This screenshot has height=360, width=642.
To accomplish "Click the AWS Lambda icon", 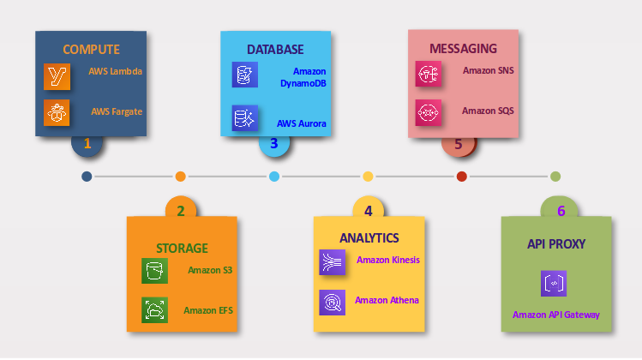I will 57,76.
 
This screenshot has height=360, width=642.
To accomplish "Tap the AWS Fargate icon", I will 57,112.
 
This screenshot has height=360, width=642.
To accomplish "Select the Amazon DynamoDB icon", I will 244,75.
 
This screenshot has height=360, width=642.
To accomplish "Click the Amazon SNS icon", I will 428,75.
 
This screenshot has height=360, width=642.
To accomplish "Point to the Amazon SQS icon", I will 428,112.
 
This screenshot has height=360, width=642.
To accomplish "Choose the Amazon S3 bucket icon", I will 154,271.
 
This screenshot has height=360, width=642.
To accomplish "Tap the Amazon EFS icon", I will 154,309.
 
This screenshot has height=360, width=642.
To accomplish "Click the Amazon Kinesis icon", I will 332,261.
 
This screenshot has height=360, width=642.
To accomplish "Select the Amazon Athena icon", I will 332,302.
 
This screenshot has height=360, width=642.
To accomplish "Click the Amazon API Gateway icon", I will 554,284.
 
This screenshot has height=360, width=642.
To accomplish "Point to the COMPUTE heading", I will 91,49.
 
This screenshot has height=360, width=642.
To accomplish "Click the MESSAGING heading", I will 463,49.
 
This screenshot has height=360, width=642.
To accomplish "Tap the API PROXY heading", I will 556,244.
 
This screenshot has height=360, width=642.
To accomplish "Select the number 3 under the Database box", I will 273,143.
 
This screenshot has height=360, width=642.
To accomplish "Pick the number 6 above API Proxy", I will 561,211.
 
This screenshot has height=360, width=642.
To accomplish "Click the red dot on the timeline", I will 461,177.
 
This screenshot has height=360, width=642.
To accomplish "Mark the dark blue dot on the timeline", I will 87,177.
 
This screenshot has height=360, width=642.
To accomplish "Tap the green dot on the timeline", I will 555,177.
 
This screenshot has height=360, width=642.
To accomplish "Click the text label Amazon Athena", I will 387,300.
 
